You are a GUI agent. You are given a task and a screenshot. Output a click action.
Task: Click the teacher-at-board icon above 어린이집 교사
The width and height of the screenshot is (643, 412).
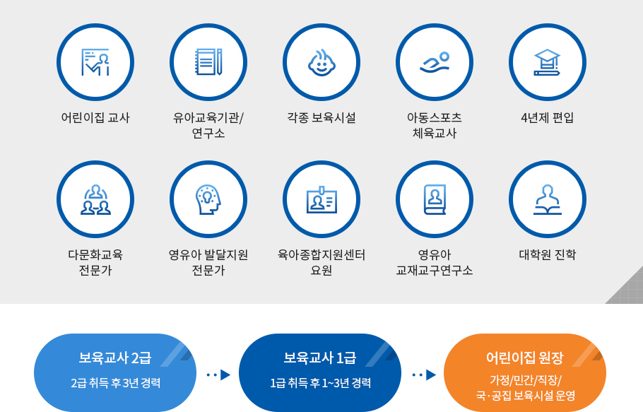pyautogui.click(x=95, y=62)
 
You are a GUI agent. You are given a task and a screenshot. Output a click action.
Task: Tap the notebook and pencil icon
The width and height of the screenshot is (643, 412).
pyautogui.click(x=208, y=62)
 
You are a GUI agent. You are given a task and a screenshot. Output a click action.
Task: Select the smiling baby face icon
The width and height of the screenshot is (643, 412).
pyautogui.click(x=321, y=62)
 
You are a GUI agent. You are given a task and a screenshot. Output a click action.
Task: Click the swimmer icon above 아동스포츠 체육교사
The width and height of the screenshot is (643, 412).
pyautogui.click(x=435, y=63)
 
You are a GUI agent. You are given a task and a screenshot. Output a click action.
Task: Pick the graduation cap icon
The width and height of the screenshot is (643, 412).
pyautogui.click(x=547, y=62)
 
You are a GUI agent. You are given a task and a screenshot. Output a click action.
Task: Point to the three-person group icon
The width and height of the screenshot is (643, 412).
pyautogui.click(x=95, y=200)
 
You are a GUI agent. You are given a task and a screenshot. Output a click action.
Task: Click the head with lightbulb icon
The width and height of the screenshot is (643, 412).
pyautogui.click(x=208, y=199)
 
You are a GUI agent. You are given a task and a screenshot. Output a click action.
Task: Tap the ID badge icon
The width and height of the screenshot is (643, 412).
pyautogui.click(x=322, y=200)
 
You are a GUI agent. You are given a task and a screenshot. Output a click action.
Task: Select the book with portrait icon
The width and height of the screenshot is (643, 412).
pyautogui.click(x=435, y=200)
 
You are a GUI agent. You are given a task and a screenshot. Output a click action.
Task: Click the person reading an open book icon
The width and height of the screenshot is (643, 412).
pyautogui.click(x=548, y=200)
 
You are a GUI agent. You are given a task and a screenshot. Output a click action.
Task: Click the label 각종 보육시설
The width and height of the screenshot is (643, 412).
pyautogui.click(x=321, y=118)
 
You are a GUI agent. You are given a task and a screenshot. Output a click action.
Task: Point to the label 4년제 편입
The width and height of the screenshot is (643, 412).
pyautogui.click(x=548, y=118)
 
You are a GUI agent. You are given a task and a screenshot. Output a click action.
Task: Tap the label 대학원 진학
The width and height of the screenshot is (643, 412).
pyautogui.click(x=548, y=255)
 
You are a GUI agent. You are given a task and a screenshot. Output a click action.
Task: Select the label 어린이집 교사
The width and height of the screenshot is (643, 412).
pyautogui.click(x=95, y=118)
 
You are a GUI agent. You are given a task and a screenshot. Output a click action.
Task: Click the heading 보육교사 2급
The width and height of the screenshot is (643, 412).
pyautogui.click(x=114, y=358)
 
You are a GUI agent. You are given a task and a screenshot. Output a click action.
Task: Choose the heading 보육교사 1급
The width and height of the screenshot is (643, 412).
pyautogui.click(x=320, y=358)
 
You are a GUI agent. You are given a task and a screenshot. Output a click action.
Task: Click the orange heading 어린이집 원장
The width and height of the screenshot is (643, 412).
pyautogui.click(x=525, y=358)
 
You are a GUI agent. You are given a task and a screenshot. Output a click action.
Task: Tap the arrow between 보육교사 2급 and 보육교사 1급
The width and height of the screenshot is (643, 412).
pyautogui.click(x=218, y=375)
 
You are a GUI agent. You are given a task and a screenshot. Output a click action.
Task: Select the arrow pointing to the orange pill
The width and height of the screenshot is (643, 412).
pyautogui.click(x=424, y=375)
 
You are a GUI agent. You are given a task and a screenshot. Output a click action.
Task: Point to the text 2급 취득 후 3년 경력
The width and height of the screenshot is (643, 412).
pyautogui.click(x=116, y=383)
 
